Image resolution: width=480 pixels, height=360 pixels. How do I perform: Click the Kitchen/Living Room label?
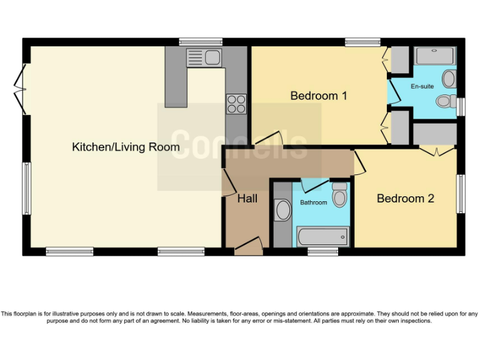click(x=126, y=147)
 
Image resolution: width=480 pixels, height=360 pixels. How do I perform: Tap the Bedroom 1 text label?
click(x=318, y=96)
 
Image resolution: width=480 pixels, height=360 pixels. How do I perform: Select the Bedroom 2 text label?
click(x=405, y=198)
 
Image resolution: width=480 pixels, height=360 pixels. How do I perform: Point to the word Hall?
click(x=247, y=199)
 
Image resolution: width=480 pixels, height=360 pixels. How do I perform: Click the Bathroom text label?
click(x=313, y=202)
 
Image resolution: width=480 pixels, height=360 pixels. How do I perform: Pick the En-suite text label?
click(x=422, y=86)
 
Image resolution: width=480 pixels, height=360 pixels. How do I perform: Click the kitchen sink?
click(x=204, y=57)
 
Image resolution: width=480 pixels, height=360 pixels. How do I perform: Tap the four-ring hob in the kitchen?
click(x=236, y=103)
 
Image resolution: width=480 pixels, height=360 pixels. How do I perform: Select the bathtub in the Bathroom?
click(x=322, y=237)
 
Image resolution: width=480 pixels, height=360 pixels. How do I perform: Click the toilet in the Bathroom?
click(x=339, y=195)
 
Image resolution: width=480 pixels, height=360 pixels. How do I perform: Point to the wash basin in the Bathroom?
click(x=283, y=210)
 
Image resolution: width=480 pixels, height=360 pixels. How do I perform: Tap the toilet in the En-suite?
click(x=445, y=101)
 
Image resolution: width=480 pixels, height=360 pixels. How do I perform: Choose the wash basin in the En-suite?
click(x=449, y=79)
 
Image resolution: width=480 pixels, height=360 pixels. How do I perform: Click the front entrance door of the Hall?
click(x=249, y=245)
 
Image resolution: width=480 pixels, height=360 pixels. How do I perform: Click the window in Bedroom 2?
click(x=461, y=194)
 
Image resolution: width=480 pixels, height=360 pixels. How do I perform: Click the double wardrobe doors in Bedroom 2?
click(x=436, y=151)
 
